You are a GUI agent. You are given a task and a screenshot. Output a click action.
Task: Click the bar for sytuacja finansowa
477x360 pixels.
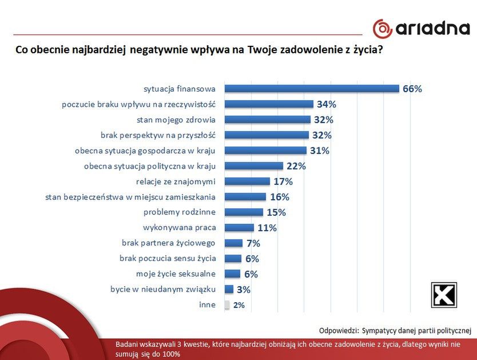click(312, 89)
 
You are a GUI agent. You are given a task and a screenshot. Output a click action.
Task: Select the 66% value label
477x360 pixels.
click(412, 89)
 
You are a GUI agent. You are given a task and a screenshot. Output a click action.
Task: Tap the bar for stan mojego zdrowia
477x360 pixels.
click(267, 120)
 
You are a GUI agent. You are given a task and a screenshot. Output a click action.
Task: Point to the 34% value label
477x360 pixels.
click(327, 104)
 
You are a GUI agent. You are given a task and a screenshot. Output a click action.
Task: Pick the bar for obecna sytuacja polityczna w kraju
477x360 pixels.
click(253, 166)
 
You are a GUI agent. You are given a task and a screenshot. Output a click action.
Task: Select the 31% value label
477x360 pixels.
click(320, 151)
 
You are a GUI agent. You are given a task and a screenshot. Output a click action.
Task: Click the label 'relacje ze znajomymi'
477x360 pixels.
click(176, 181)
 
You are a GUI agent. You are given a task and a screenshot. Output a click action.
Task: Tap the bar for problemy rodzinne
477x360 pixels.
click(244, 212)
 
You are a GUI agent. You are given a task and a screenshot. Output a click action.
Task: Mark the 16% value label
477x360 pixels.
click(280, 197)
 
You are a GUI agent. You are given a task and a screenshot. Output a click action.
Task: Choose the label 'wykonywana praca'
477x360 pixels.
click(179, 228)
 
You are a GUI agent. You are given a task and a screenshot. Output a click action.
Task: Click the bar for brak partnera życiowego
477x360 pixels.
click(233, 243)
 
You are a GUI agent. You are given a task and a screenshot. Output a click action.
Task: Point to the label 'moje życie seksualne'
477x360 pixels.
click(176, 274)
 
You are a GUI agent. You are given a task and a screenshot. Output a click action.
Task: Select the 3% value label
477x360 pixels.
click(244, 290)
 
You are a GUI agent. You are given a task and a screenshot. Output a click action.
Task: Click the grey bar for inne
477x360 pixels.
click(227, 305)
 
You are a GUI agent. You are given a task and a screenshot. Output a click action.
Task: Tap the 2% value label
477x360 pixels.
click(238, 305)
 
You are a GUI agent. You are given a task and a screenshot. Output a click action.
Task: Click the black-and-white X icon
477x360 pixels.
click(444, 295)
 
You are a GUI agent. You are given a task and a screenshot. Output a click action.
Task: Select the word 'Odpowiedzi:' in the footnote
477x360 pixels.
click(339, 330)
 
